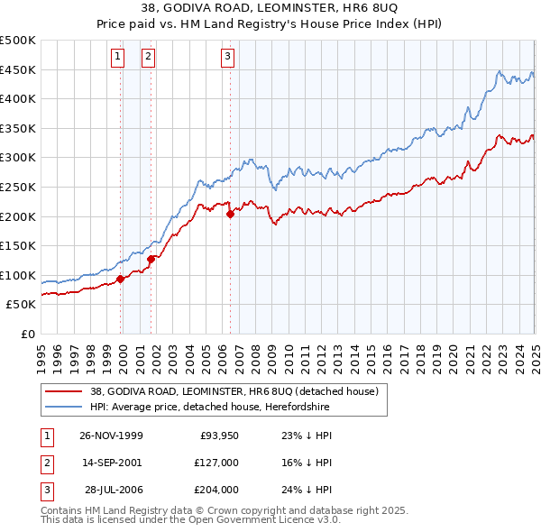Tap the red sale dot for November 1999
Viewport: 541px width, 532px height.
121,279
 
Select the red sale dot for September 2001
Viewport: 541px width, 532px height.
151,259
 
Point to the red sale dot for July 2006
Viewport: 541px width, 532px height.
230,215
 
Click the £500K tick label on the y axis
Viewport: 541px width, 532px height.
18,41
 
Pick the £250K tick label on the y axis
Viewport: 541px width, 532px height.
18,187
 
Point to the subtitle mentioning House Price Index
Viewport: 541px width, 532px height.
270,24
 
